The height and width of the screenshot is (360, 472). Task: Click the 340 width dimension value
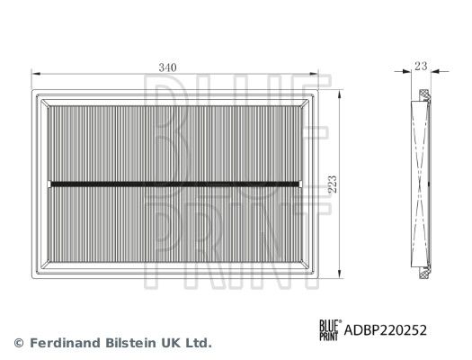[x=167, y=67]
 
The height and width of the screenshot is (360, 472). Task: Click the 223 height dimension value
[x=333, y=184]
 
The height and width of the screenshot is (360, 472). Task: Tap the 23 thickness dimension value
[x=421, y=66]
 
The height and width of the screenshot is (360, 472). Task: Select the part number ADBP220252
[x=386, y=330]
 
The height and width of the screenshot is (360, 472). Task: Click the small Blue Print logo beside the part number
[x=330, y=330]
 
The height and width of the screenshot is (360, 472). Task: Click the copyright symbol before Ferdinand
[x=19, y=343]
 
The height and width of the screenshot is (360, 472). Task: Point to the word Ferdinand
[x=65, y=343]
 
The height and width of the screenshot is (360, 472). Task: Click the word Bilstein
[x=132, y=343]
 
